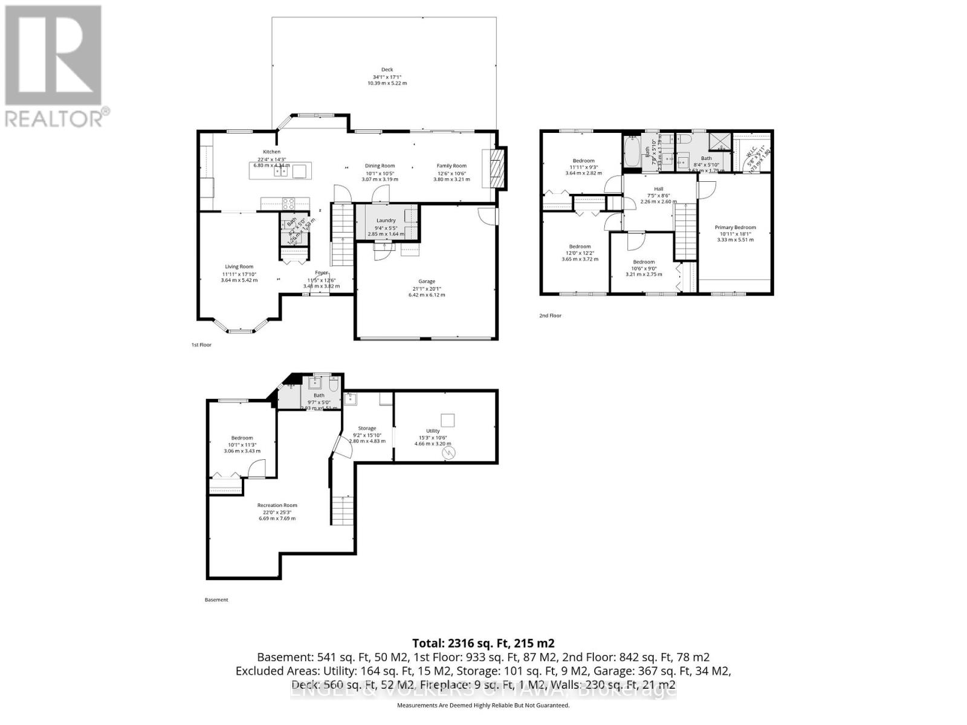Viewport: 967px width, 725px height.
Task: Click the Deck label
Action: click(387, 69)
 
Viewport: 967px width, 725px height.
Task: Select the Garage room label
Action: click(427, 282)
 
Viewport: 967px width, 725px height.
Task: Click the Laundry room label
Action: click(386, 221)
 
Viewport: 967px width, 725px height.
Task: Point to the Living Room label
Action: click(239, 266)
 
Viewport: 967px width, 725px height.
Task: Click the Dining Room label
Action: click(380, 166)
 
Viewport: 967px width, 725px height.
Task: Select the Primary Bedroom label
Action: click(735, 228)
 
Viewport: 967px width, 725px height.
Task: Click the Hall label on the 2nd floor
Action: click(658, 189)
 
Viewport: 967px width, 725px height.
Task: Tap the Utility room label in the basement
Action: click(433, 431)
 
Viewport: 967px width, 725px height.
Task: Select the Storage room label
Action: click(367, 428)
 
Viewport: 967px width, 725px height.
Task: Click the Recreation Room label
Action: click(277, 505)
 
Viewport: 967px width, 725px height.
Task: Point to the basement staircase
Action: click(342, 511)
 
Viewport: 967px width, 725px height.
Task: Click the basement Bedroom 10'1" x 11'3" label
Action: click(242, 438)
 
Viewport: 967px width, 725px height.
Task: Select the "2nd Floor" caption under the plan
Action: click(550, 315)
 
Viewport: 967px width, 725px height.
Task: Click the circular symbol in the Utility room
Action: click(448, 452)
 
